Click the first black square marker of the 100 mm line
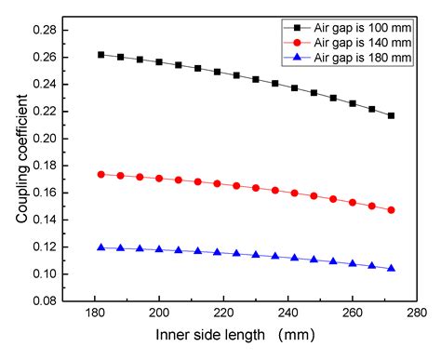coord(100,55)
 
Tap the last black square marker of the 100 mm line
coord(391,115)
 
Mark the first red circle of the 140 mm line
coord(100,174)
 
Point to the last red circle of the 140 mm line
coord(391,210)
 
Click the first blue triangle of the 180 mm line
coord(100,247)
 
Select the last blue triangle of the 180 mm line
coord(391,268)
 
